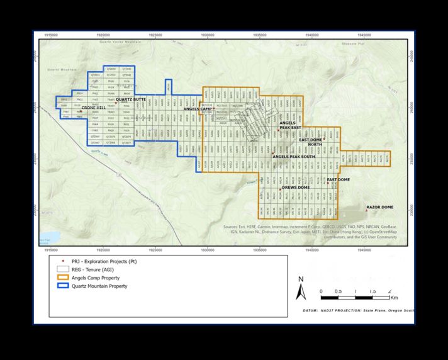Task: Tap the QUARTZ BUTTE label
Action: [x=132, y=99]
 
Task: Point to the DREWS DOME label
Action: [x=295, y=188]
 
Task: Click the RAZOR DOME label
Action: [x=379, y=207]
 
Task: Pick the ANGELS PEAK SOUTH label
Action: [x=294, y=156]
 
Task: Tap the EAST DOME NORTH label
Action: [x=311, y=142]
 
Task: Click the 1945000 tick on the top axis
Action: [x=363, y=35]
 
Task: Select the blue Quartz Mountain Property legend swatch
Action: [x=60, y=286]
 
